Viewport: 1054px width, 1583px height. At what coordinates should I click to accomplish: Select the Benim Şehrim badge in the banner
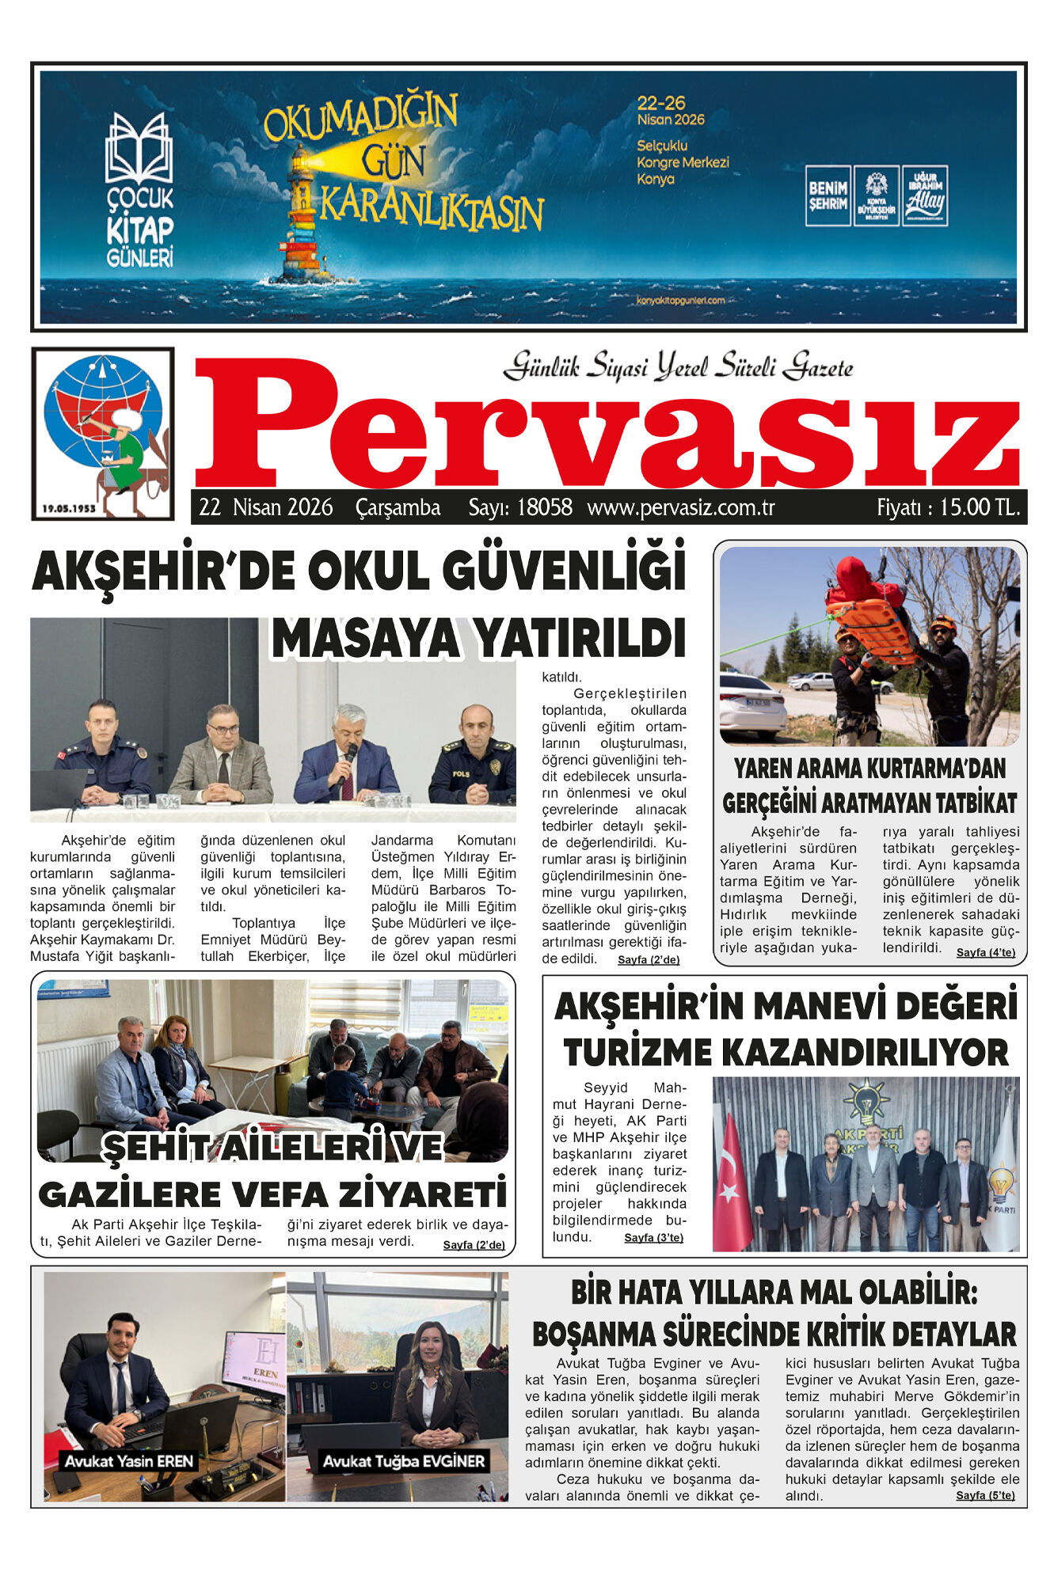click(828, 196)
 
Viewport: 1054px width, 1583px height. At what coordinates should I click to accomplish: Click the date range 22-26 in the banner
click(661, 103)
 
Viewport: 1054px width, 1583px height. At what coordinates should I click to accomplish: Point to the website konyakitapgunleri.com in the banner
click(680, 300)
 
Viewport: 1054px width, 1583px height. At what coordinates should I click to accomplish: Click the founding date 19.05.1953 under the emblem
click(70, 508)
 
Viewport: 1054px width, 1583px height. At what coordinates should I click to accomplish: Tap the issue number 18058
click(544, 507)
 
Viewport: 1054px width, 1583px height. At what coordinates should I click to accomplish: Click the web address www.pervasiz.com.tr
click(681, 507)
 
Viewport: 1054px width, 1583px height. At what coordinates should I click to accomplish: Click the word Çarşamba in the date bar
click(398, 507)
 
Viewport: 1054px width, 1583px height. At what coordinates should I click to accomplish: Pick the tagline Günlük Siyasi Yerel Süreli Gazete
click(678, 367)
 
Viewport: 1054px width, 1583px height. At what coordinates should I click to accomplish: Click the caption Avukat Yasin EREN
click(129, 1460)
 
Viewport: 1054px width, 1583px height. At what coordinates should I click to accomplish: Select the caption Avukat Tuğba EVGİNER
click(404, 1461)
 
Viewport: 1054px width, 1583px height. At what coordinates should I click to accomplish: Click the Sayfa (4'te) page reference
click(985, 952)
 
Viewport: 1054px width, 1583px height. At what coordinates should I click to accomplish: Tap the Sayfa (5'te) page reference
click(985, 1495)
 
